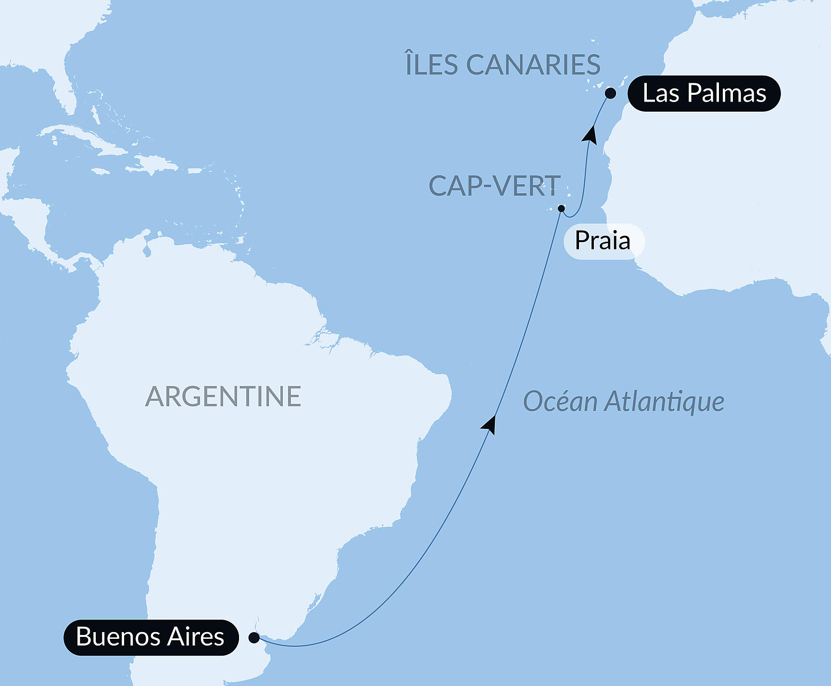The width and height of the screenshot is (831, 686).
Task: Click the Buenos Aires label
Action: (x=151, y=637)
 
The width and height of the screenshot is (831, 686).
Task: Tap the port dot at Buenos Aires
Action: (x=254, y=638)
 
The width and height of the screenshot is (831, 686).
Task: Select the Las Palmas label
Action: (x=704, y=93)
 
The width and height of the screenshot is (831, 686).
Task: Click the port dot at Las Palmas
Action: (x=610, y=93)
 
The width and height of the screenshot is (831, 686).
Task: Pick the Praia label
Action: (x=603, y=241)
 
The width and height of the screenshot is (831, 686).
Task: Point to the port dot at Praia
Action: (x=561, y=208)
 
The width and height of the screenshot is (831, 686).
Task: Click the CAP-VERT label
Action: (x=494, y=186)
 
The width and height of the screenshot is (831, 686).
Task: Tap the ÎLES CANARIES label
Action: (x=503, y=65)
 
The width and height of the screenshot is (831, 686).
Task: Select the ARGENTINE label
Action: (x=223, y=397)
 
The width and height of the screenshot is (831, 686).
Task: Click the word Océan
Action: (x=560, y=401)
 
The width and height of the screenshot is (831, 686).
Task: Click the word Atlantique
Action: (x=664, y=402)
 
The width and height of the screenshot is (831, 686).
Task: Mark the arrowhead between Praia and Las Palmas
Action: (x=590, y=134)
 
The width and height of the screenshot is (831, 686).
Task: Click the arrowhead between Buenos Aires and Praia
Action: (x=490, y=425)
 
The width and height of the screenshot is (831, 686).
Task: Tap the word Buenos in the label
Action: (x=118, y=637)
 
